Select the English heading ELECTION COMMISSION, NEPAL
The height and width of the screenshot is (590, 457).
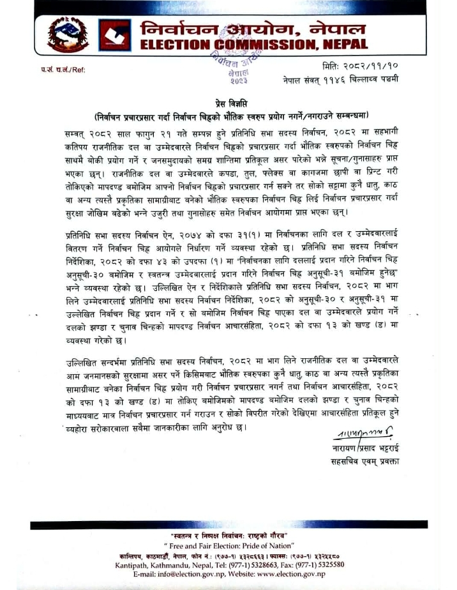coord(253,45)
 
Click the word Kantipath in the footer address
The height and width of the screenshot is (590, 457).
coord(132,564)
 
